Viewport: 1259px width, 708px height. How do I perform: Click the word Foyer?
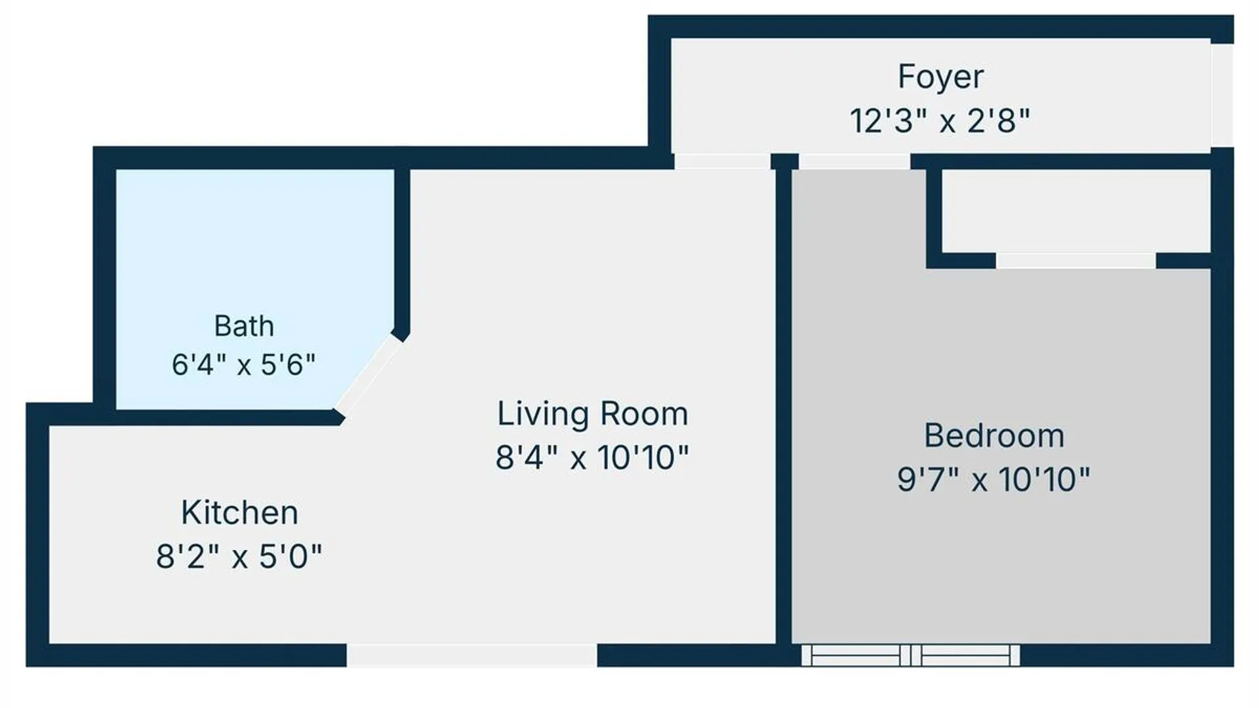[x=940, y=77]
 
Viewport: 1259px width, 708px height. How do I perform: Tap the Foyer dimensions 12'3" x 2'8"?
[x=940, y=121]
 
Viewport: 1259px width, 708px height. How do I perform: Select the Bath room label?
[x=244, y=326]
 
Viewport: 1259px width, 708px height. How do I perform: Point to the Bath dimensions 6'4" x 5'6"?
[x=243, y=364]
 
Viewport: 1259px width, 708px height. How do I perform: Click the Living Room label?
[x=593, y=414]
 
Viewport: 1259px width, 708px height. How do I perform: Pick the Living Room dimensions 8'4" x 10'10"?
[x=592, y=458]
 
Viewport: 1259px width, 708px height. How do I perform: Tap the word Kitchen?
[x=239, y=513]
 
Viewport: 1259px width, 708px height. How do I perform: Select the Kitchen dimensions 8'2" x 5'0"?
[x=239, y=557]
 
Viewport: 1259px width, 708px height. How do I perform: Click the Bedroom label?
[x=994, y=436]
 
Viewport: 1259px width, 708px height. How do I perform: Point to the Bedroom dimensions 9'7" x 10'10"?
[x=993, y=479]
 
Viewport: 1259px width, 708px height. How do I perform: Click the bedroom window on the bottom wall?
[x=911, y=655]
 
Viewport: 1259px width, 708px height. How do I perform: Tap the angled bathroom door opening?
[x=369, y=375]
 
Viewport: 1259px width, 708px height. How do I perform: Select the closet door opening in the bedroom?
[x=1076, y=260]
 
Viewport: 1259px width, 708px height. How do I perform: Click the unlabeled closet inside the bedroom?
[x=1076, y=210]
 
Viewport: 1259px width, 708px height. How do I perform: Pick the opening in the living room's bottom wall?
[x=471, y=655]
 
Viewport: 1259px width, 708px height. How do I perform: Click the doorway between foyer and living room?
[x=722, y=161]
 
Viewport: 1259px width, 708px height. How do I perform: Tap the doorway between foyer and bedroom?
[x=854, y=161]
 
